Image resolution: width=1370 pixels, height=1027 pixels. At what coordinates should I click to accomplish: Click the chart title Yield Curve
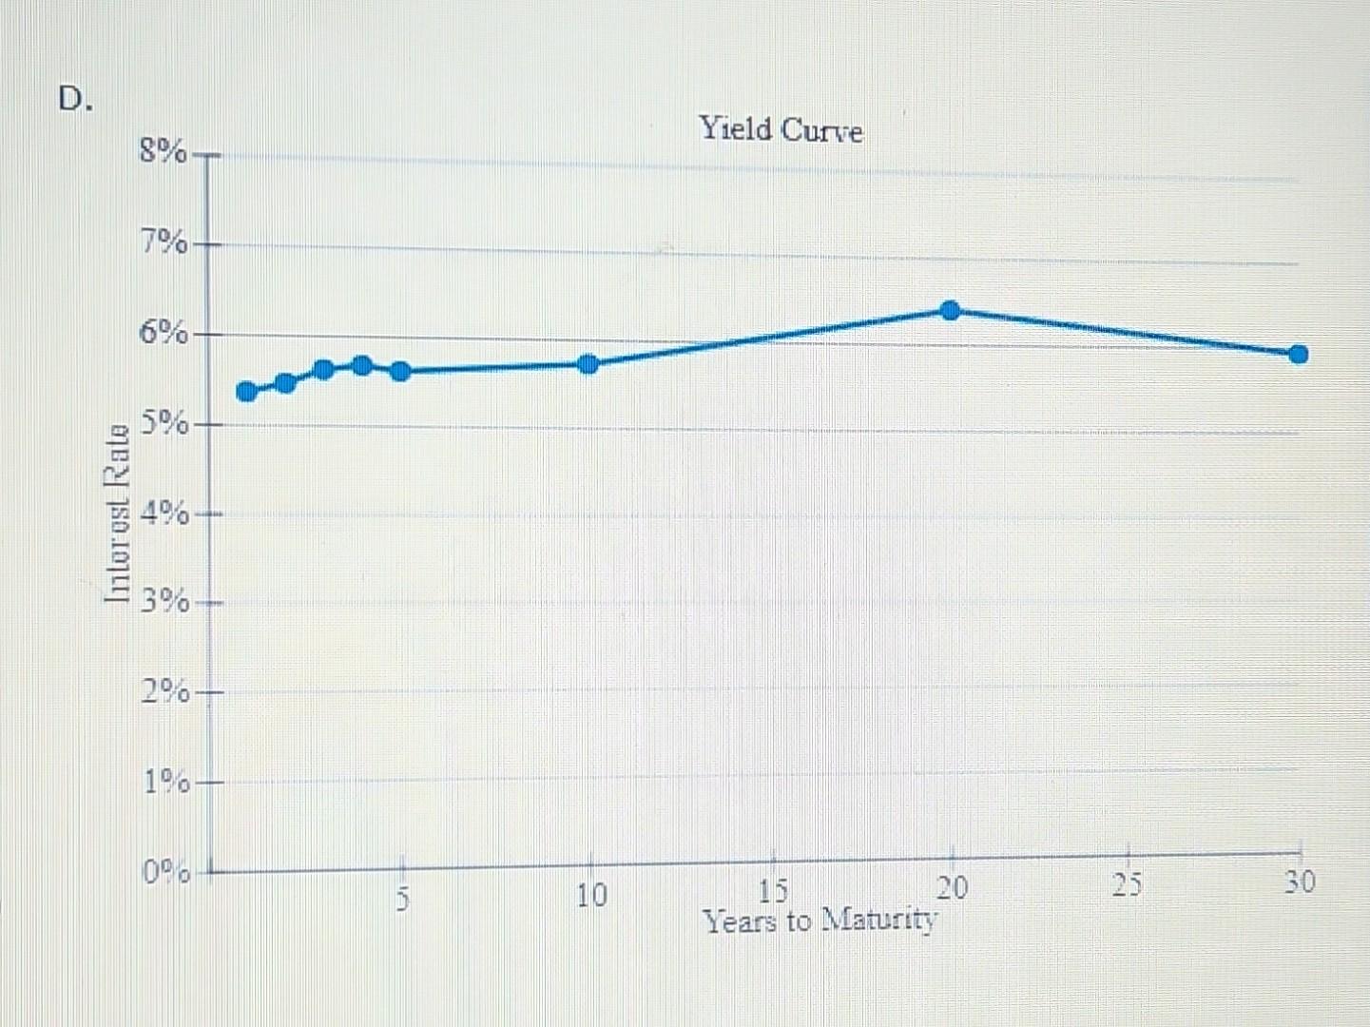click(x=781, y=128)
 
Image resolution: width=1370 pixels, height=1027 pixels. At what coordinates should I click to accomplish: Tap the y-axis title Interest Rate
click(x=117, y=514)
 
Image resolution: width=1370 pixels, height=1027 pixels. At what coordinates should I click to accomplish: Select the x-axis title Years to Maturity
click(x=820, y=920)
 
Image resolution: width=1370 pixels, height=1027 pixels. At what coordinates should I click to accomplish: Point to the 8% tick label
click(x=164, y=151)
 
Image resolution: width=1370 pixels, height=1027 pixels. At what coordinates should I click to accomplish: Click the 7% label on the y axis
click(x=164, y=243)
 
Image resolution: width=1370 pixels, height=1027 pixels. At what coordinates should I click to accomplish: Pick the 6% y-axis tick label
click(x=164, y=333)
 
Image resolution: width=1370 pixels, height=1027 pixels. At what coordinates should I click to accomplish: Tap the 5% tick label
click(x=164, y=422)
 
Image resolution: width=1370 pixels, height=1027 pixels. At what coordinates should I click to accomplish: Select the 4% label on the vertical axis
click(x=164, y=513)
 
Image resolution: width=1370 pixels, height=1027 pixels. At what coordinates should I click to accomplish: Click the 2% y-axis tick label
click(x=164, y=691)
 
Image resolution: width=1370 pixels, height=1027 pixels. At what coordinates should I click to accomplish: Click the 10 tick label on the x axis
click(x=590, y=895)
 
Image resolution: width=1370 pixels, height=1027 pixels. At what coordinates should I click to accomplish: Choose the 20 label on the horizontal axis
click(x=952, y=888)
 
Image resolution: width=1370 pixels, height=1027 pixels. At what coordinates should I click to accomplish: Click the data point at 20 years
click(x=950, y=310)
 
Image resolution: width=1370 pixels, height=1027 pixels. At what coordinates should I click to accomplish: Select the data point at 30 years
click(x=1299, y=354)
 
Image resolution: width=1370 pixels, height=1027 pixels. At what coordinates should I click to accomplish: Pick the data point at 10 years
click(x=589, y=364)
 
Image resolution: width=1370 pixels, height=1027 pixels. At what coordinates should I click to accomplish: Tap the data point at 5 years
click(x=400, y=371)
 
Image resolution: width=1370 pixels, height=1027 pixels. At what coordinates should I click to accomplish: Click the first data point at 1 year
click(x=246, y=391)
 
